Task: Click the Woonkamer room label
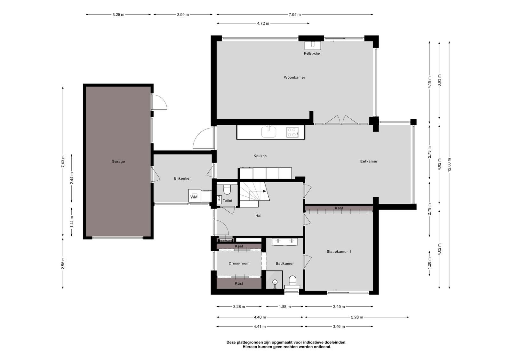click(x=294, y=77)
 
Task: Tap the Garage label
click(x=118, y=161)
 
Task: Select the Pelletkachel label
click(x=312, y=53)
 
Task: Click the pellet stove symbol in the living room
click(x=313, y=45)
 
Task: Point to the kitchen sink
click(x=269, y=132)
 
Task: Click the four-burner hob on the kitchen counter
click(x=292, y=132)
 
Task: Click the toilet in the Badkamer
click(x=292, y=282)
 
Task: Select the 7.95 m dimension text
click(x=295, y=15)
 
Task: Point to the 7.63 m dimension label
click(x=63, y=161)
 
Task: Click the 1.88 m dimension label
click(x=285, y=306)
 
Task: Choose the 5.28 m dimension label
click(x=357, y=317)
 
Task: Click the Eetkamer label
click(x=369, y=161)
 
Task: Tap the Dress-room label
click(x=239, y=263)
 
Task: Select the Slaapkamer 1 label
click(x=339, y=251)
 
